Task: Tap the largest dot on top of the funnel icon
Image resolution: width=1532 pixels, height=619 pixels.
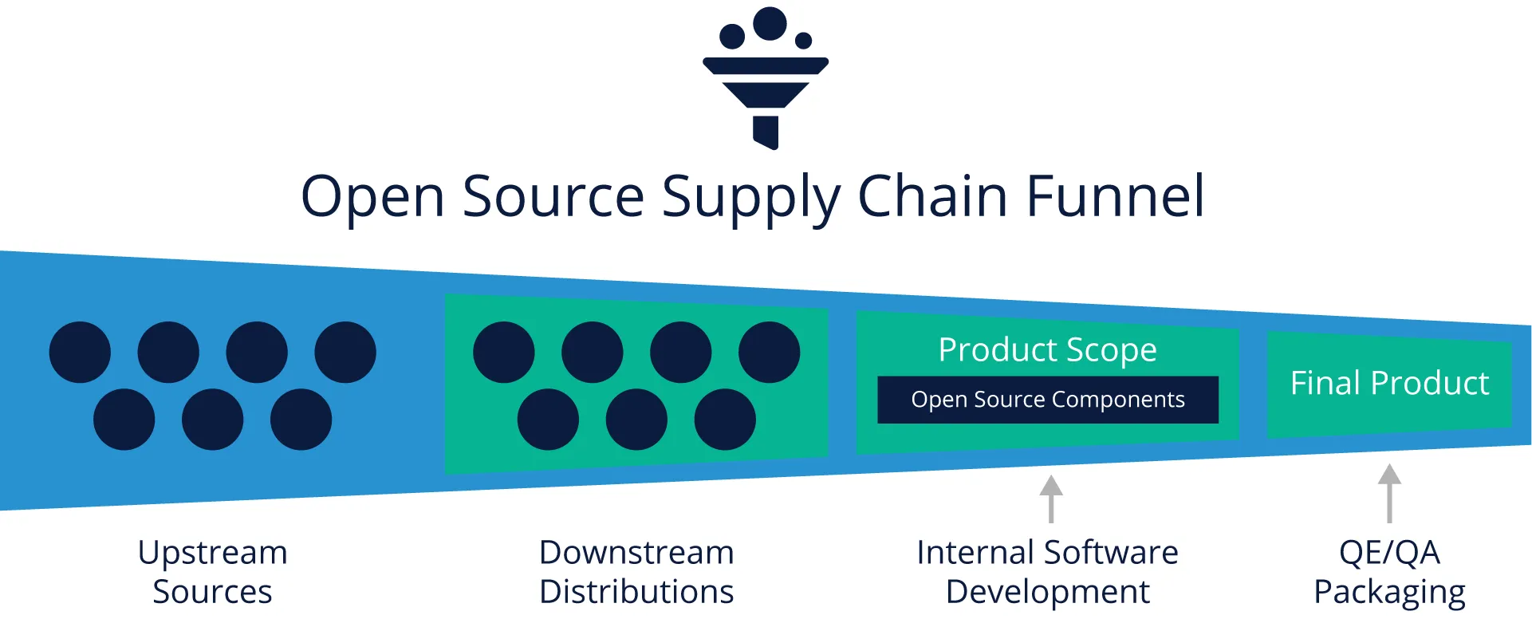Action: [770, 24]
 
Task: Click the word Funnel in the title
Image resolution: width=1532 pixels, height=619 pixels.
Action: [1114, 196]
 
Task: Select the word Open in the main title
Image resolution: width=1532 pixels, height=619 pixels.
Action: [372, 196]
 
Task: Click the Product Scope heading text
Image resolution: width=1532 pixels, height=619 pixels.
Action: [1047, 349]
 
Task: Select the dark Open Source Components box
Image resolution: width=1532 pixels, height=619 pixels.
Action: [1047, 400]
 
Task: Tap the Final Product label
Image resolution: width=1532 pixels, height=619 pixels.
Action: [1389, 384]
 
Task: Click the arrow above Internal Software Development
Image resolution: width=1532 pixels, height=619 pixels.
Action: [1051, 499]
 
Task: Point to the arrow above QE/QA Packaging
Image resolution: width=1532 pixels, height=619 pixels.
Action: [1389, 493]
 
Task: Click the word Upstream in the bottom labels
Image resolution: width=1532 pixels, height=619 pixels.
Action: [212, 553]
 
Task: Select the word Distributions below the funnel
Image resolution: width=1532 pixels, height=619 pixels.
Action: [636, 592]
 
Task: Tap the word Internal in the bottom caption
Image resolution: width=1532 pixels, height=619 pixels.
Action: [975, 553]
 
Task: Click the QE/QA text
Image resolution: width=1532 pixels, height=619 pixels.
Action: [1389, 553]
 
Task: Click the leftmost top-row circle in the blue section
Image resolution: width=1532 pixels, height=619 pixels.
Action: [80, 353]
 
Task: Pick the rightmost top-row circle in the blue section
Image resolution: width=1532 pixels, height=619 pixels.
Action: [345, 353]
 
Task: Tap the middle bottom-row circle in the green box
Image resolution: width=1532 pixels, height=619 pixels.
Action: [636, 420]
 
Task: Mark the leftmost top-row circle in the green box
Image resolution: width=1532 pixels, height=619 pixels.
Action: [504, 353]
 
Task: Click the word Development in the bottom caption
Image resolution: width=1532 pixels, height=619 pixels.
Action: [1047, 592]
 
